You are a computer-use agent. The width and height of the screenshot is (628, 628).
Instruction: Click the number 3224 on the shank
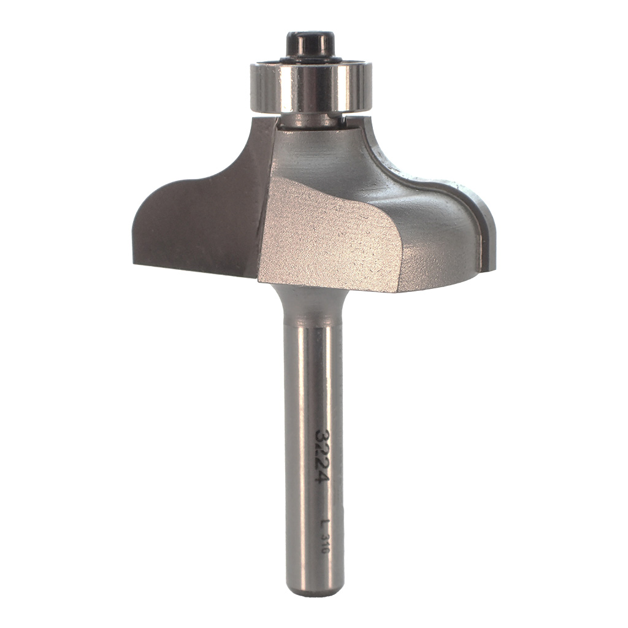321,456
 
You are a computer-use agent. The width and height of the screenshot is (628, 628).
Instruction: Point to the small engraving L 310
324,536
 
